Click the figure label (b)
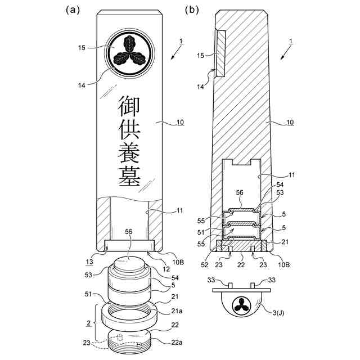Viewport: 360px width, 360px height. (192, 10)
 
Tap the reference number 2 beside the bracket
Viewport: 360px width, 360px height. (88, 323)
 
